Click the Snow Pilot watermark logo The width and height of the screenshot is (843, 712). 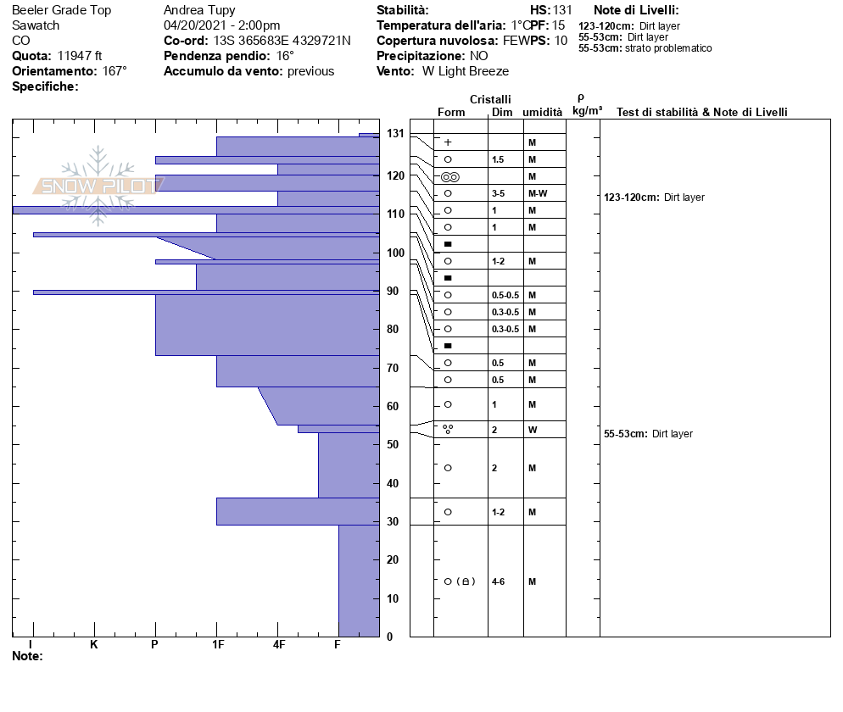[98, 185]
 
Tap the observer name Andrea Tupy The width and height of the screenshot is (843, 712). [199, 10]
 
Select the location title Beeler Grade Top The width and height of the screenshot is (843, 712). [61, 10]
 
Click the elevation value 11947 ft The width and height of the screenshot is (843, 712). [80, 56]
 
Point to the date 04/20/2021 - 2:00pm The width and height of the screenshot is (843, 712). [221, 25]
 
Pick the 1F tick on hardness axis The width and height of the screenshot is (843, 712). [217, 645]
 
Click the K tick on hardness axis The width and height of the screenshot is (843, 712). [94, 645]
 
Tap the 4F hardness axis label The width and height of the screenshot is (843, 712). [278, 645]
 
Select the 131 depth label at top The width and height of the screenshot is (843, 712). [395, 133]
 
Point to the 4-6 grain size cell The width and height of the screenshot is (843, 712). [498, 581]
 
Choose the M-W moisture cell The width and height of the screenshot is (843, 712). [537, 193]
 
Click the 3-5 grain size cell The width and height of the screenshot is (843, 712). [498, 193]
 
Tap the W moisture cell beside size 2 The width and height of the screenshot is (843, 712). [532, 430]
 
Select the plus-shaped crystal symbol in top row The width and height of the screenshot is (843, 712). [448, 142]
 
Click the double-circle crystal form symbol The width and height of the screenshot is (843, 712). [450, 176]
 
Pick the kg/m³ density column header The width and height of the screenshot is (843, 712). [587, 111]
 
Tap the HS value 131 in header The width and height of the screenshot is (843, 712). [562, 10]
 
